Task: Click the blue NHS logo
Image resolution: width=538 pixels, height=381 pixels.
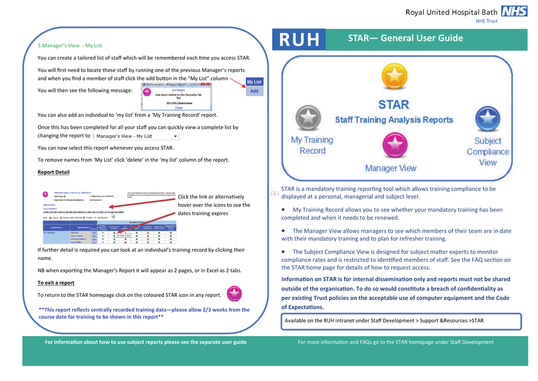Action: (x=514, y=11)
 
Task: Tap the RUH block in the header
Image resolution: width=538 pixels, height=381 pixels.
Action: (x=299, y=40)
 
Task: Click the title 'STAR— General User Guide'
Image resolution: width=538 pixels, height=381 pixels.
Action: (x=405, y=38)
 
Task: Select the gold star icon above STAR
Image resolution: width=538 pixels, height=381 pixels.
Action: (x=394, y=77)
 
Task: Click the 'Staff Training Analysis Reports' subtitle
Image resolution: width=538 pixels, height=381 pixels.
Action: (x=394, y=120)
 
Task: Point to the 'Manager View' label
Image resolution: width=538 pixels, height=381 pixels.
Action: (x=390, y=168)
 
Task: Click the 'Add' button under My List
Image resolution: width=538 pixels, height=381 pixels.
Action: (x=254, y=91)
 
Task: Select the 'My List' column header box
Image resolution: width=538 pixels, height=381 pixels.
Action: (x=254, y=82)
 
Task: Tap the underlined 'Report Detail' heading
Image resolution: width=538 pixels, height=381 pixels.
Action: (x=54, y=172)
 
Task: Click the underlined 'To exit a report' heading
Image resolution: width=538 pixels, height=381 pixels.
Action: (x=56, y=283)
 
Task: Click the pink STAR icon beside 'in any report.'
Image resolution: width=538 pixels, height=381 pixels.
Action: (x=234, y=294)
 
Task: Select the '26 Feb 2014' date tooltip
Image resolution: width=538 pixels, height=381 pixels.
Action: (x=123, y=235)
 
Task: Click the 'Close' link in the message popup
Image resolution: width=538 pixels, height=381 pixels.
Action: (x=179, y=107)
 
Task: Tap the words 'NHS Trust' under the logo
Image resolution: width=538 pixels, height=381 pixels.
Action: (x=486, y=21)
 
